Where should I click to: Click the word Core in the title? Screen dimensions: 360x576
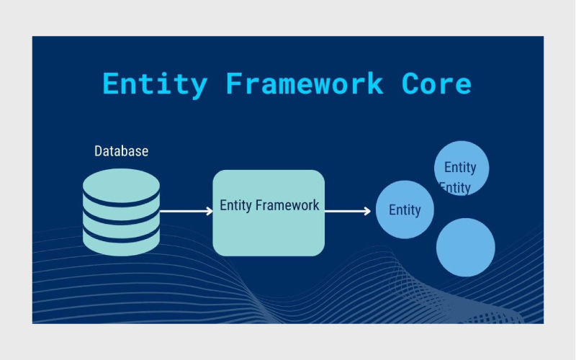[x=437, y=84]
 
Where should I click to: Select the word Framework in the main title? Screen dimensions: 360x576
[x=305, y=84]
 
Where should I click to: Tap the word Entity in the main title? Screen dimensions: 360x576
[x=155, y=84]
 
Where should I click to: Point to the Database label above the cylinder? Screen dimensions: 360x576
[x=121, y=151]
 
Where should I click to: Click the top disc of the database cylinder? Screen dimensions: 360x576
[x=121, y=184]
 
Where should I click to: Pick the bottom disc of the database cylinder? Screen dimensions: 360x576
[x=121, y=241]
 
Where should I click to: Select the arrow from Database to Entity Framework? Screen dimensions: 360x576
[x=184, y=212]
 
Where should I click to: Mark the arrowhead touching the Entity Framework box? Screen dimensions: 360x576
[x=209, y=212]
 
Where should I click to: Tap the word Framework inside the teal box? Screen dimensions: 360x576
[x=287, y=205]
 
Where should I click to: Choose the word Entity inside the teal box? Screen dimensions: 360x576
[x=235, y=205]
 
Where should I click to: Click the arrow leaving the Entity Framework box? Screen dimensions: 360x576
[x=346, y=212]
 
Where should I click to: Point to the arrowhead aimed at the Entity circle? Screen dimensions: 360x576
[x=367, y=212]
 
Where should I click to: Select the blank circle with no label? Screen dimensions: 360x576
[x=466, y=247]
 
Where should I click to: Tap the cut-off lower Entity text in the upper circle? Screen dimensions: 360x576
[x=455, y=189]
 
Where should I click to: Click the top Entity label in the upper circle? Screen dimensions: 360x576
[x=460, y=167]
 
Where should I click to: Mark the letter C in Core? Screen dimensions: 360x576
[x=411, y=84]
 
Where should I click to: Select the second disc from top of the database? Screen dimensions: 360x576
[x=121, y=204]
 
